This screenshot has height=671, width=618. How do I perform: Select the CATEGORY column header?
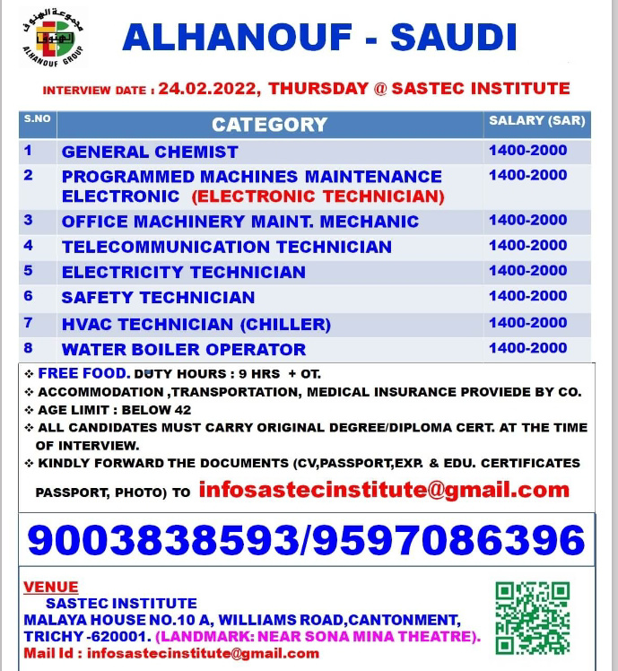(269, 125)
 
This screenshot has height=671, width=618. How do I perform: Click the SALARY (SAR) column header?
(536, 121)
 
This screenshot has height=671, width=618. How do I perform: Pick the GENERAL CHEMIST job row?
(150, 152)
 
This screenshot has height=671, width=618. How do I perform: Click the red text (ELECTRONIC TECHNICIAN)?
(318, 196)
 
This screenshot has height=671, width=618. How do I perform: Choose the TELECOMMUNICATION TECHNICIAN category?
(226, 247)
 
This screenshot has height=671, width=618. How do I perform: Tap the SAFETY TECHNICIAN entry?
(158, 297)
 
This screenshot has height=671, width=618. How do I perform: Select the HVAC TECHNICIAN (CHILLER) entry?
(196, 324)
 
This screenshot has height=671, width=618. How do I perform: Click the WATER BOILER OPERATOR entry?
(183, 349)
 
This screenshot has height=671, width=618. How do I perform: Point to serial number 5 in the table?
(28, 271)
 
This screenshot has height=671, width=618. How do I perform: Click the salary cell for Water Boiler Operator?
(527, 348)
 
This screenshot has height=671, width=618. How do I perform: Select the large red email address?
(384, 490)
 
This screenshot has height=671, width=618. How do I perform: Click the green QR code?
(532, 617)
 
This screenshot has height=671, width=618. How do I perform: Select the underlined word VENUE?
(51, 588)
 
